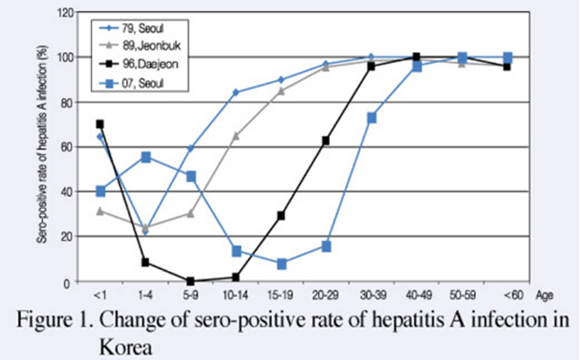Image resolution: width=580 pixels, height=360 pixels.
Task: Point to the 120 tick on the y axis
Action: pos(64,13)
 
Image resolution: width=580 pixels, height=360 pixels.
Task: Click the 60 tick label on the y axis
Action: pos(67,148)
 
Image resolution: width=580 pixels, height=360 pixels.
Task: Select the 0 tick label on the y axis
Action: pos(70,283)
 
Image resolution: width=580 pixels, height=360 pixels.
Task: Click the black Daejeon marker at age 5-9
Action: pos(190,281)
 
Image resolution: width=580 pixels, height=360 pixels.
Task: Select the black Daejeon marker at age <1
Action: pos(100,124)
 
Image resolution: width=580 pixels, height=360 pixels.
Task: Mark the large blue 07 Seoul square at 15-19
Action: pos(281,264)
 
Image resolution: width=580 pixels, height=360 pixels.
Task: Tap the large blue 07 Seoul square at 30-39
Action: pos(371,118)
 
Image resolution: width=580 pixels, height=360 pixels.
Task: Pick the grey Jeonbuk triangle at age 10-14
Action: pos(236,136)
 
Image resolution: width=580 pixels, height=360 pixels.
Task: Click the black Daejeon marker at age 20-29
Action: pos(326,140)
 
